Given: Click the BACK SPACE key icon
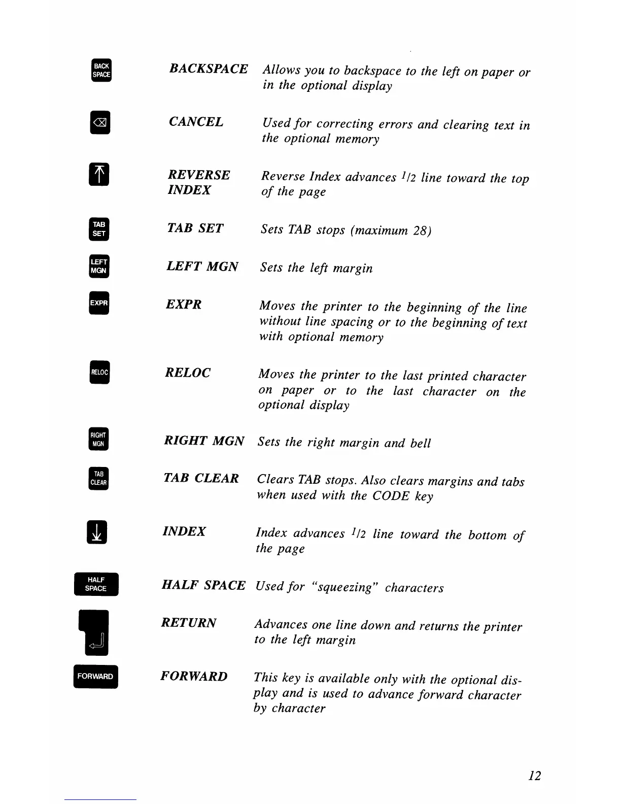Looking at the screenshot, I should point(101,70).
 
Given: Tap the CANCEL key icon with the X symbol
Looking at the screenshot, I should point(100,123).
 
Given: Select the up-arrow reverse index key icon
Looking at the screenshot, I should point(99,175).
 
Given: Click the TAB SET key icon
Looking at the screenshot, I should point(99,229).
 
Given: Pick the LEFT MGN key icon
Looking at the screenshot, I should point(99,266).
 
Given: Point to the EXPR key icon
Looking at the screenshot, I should point(99,303).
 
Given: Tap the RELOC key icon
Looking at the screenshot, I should point(99,372).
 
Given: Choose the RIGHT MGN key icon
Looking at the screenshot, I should point(98,440).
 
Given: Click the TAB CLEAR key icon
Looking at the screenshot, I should point(98,478).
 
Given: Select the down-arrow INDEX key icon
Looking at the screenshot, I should point(97,532).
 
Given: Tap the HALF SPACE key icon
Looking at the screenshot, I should point(96,584).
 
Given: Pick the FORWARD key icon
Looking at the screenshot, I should point(95,676).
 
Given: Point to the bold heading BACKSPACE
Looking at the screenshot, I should point(209,69).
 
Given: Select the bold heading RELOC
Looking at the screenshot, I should point(188,373).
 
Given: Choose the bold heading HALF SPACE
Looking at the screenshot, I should point(203,585).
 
